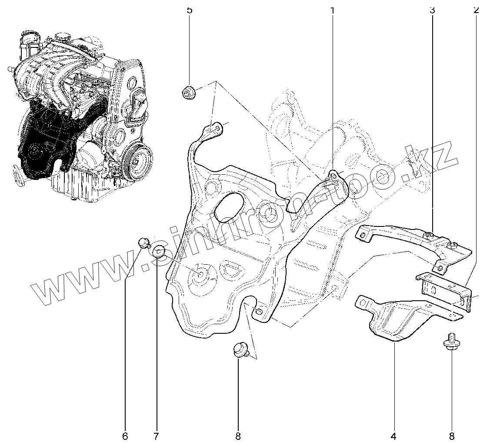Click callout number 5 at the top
[189, 10]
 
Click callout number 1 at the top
[333, 10]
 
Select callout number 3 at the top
[432, 10]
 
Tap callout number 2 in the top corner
[476, 10]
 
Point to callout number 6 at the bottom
[125, 435]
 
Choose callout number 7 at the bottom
[156, 435]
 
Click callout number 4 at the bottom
[394, 435]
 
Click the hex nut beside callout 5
[188, 92]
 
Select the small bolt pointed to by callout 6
[144, 243]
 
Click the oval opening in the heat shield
[229, 208]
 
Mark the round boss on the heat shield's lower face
[201, 274]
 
